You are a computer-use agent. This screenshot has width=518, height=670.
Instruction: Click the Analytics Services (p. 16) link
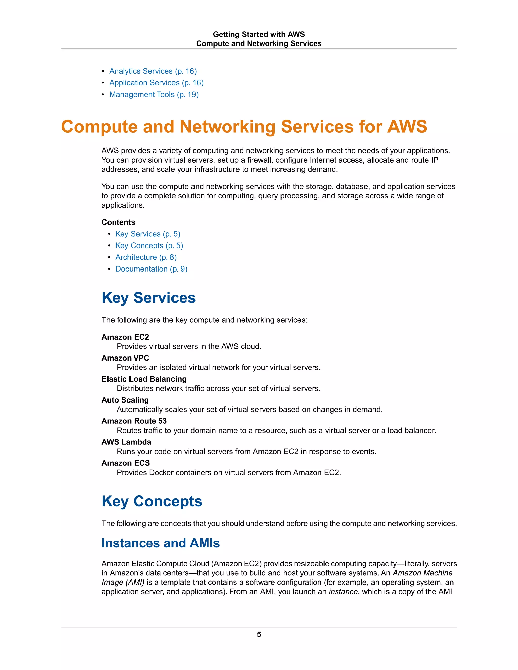153,71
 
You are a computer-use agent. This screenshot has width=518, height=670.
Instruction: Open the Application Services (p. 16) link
156,83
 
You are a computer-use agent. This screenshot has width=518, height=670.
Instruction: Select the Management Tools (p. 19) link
154,95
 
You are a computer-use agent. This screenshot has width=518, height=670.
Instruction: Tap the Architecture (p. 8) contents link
146,257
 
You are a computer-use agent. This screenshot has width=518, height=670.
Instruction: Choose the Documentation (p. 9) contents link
151,269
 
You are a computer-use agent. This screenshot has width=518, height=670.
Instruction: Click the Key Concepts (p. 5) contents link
149,246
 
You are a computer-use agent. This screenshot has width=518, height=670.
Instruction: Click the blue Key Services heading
148,298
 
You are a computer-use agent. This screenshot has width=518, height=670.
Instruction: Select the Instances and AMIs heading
161,543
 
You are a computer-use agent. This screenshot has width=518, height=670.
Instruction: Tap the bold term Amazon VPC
125,358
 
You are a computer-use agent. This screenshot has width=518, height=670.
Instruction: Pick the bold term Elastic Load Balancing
144,379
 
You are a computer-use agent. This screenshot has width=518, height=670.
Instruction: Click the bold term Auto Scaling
125,400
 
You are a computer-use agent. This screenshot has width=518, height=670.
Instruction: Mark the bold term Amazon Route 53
134,421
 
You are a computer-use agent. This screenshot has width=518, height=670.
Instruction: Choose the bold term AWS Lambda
126,442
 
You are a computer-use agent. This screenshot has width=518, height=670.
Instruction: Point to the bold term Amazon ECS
125,463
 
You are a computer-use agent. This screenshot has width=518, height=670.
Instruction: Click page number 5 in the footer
259,634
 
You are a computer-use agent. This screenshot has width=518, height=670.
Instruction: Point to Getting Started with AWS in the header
259,34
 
